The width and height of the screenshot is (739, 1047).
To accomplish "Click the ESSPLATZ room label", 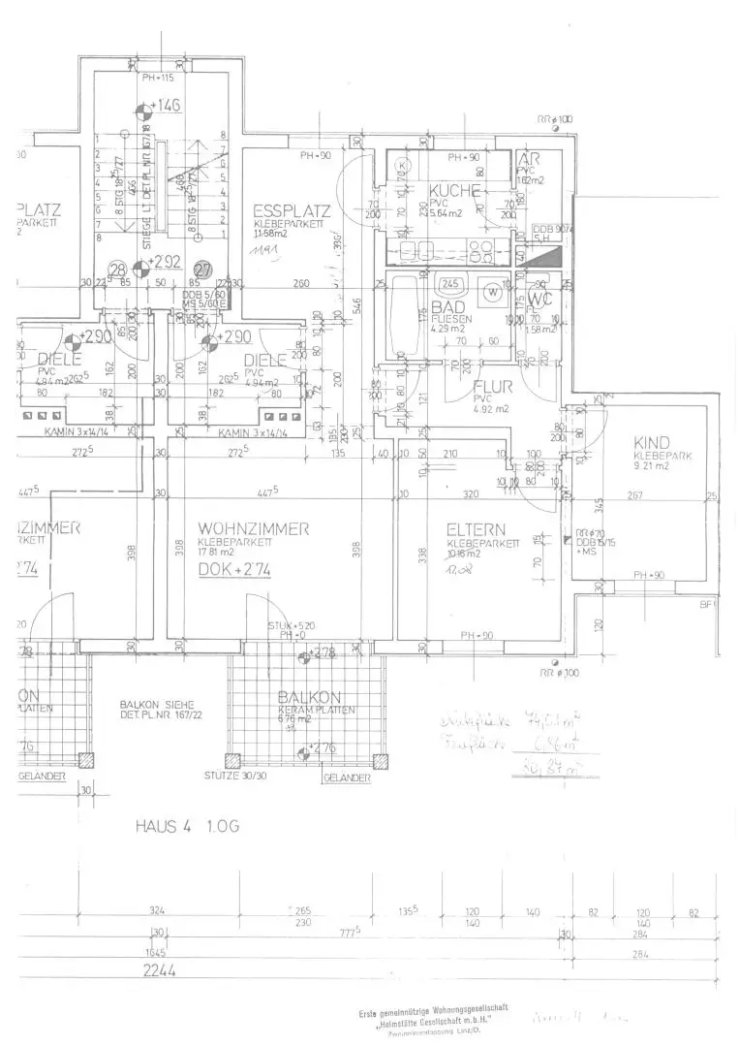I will click(292, 210).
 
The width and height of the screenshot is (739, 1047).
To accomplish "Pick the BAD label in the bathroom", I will click(448, 306).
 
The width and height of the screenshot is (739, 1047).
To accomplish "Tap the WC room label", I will click(539, 300).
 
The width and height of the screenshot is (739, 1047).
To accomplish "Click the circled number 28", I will click(118, 270).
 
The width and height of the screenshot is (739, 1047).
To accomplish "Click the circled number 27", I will click(203, 270).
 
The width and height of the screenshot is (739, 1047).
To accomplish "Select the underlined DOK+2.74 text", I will click(233, 572).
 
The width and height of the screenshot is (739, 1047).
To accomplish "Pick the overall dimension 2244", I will click(160, 970).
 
